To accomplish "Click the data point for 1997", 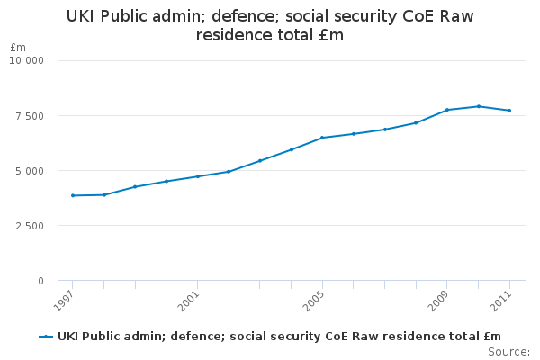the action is [x=73, y=195].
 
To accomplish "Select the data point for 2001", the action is [x=198, y=176].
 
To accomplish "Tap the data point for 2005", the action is [x=322, y=138].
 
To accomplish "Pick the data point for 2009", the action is [x=447, y=110].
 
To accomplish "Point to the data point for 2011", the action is [x=509, y=111].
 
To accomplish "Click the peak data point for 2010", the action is [x=479, y=106].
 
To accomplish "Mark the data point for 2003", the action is [x=260, y=161].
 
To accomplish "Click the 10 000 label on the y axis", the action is [x=26, y=60].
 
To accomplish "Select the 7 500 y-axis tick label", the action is [x=30, y=116].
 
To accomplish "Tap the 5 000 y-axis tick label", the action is [x=30, y=171].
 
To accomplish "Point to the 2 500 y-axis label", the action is [x=30, y=226].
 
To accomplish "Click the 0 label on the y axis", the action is [x=41, y=281].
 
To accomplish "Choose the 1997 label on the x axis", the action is [x=64, y=301].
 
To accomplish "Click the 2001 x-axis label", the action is [x=189, y=301].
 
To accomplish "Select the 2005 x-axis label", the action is [x=313, y=301].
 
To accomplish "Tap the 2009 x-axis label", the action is [x=438, y=301].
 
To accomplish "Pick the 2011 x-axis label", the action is [x=500, y=301].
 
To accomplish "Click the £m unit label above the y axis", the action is [x=18, y=47].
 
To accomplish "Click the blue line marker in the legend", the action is [x=46, y=337].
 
